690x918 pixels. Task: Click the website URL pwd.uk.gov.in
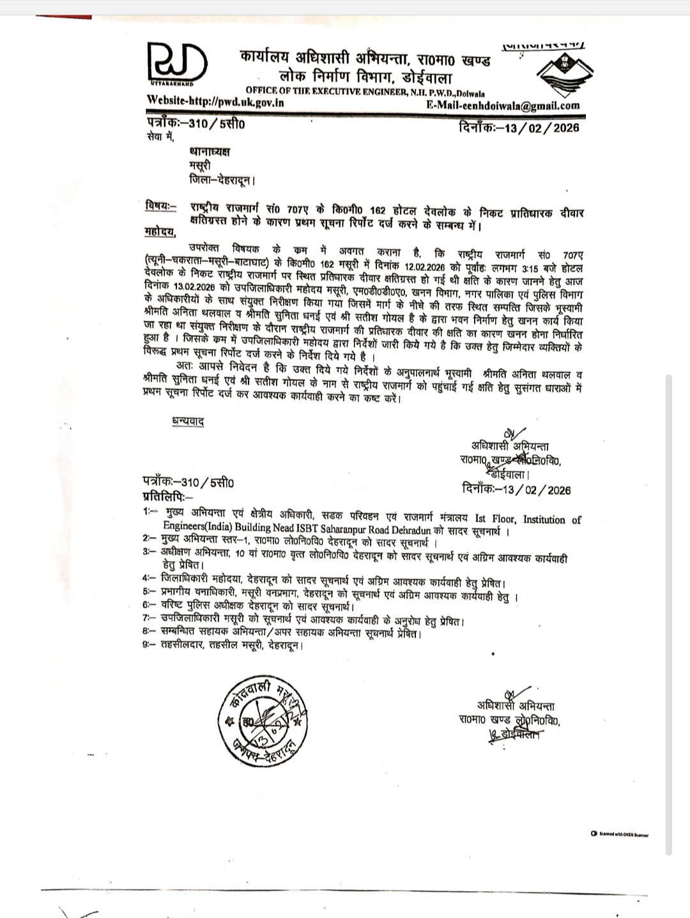[216, 101]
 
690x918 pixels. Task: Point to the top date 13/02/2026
[542, 127]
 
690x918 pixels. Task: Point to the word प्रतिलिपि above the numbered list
[165, 496]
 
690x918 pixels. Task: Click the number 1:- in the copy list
[151, 513]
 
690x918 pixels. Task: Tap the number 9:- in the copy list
[151, 646]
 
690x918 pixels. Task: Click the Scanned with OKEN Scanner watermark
[619, 834]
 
